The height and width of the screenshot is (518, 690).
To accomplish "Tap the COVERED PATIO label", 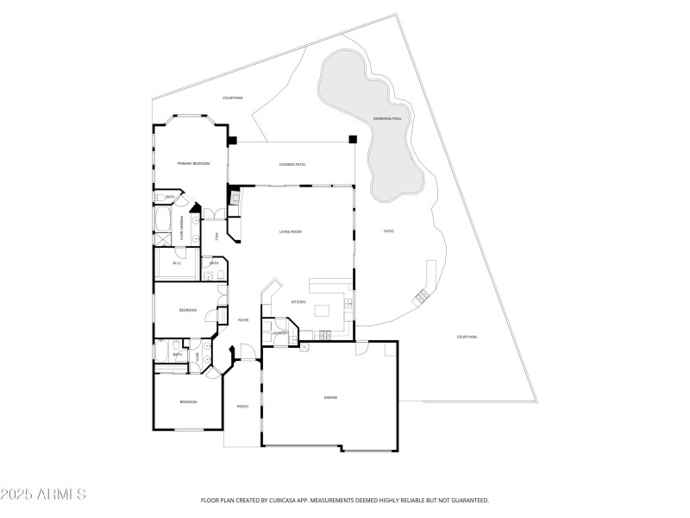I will [292, 164].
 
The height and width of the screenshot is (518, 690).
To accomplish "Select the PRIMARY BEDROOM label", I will [193, 163].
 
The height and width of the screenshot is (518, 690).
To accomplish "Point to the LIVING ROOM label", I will [290, 231].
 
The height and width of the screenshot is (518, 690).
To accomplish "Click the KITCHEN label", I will [298, 302].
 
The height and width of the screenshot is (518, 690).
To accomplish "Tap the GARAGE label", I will [330, 397].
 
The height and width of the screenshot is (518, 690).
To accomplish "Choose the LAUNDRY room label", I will [279, 332].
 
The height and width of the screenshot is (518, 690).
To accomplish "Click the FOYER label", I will [243, 319].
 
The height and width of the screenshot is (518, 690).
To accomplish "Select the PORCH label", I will [242, 406].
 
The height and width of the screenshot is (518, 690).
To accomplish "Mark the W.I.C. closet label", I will [176, 263].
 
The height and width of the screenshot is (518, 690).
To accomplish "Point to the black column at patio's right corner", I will [352, 139].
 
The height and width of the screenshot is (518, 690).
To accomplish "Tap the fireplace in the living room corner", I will [235, 198].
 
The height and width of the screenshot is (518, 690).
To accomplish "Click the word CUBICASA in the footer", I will [279, 500].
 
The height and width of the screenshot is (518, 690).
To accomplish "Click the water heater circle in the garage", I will [305, 349].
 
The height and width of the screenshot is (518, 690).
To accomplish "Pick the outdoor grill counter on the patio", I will [422, 295].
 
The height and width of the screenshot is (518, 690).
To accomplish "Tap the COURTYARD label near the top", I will [233, 98].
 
